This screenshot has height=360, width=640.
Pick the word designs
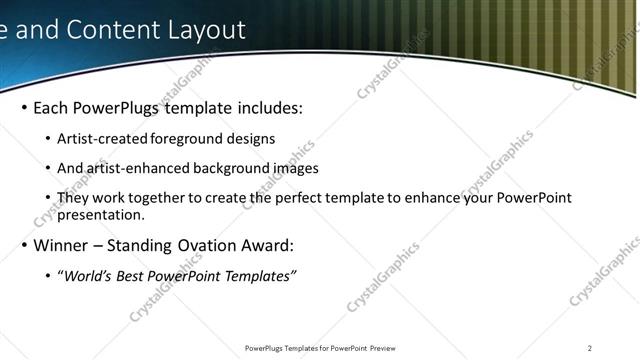[250, 139]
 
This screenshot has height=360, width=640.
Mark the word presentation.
[101, 214]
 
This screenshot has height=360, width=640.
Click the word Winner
[61, 245]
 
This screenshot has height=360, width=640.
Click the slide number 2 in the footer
[590, 348]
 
